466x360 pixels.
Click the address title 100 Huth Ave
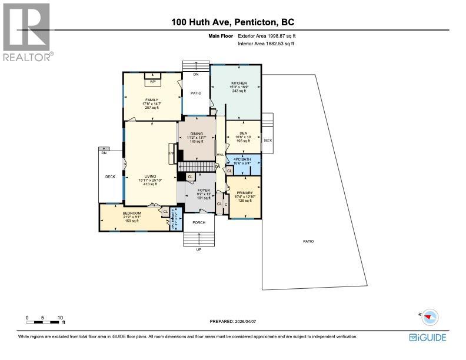pyautogui.click(x=232, y=22)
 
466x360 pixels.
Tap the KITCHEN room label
pyautogui.click(x=238, y=84)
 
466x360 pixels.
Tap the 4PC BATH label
pyautogui.click(x=242, y=159)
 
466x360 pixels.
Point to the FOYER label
pyautogui.click(x=204, y=190)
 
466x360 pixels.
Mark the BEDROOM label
pyautogui.click(x=131, y=213)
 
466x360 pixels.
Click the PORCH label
pyautogui.click(x=199, y=222)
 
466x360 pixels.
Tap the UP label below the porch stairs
pyautogui.click(x=198, y=250)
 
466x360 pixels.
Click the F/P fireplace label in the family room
pyautogui.click(x=152, y=81)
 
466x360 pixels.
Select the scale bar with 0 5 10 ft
pyautogui.click(x=45, y=320)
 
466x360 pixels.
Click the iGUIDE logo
pyautogui.click(x=427, y=337)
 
